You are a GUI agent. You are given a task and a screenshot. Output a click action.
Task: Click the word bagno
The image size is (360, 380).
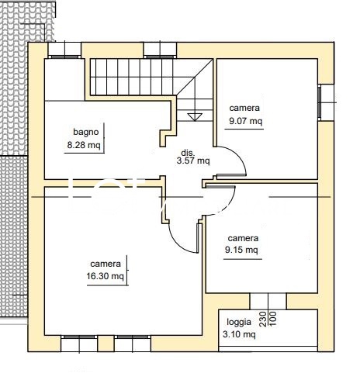[86, 132]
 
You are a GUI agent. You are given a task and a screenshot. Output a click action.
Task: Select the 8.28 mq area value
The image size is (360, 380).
[84, 145]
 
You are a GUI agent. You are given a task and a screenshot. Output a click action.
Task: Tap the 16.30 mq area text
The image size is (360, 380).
[105, 276]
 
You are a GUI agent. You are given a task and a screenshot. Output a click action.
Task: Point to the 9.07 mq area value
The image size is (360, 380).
[245, 121]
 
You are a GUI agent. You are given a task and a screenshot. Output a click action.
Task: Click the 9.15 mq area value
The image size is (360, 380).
[241, 250]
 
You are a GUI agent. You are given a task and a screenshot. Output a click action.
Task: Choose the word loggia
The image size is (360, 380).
[239, 322]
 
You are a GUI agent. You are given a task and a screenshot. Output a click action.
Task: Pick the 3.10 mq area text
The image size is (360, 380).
[239, 334]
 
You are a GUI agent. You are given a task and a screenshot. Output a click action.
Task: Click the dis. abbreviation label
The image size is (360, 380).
[188, 153]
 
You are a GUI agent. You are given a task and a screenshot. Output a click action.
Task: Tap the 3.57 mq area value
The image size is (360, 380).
[193, 161]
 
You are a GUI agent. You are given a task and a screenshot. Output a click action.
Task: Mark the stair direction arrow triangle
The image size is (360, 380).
[195, 117]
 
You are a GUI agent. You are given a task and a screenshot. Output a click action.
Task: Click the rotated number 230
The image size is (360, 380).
[263, 319]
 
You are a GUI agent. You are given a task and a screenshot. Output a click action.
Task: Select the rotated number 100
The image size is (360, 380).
[273, 319]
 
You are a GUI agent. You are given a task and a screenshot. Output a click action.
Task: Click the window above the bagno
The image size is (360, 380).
[64, 50]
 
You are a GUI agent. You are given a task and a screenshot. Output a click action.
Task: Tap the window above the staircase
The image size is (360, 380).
[161, 50]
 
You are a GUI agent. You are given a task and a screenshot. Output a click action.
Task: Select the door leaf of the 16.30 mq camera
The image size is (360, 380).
[198, 238]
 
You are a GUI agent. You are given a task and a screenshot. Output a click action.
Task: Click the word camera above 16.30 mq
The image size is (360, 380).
[106, 264]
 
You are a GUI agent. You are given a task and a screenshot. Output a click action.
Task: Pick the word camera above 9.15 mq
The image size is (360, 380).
[243, 238]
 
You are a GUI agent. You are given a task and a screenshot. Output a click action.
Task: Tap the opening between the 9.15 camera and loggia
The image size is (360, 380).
[268, 301]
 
